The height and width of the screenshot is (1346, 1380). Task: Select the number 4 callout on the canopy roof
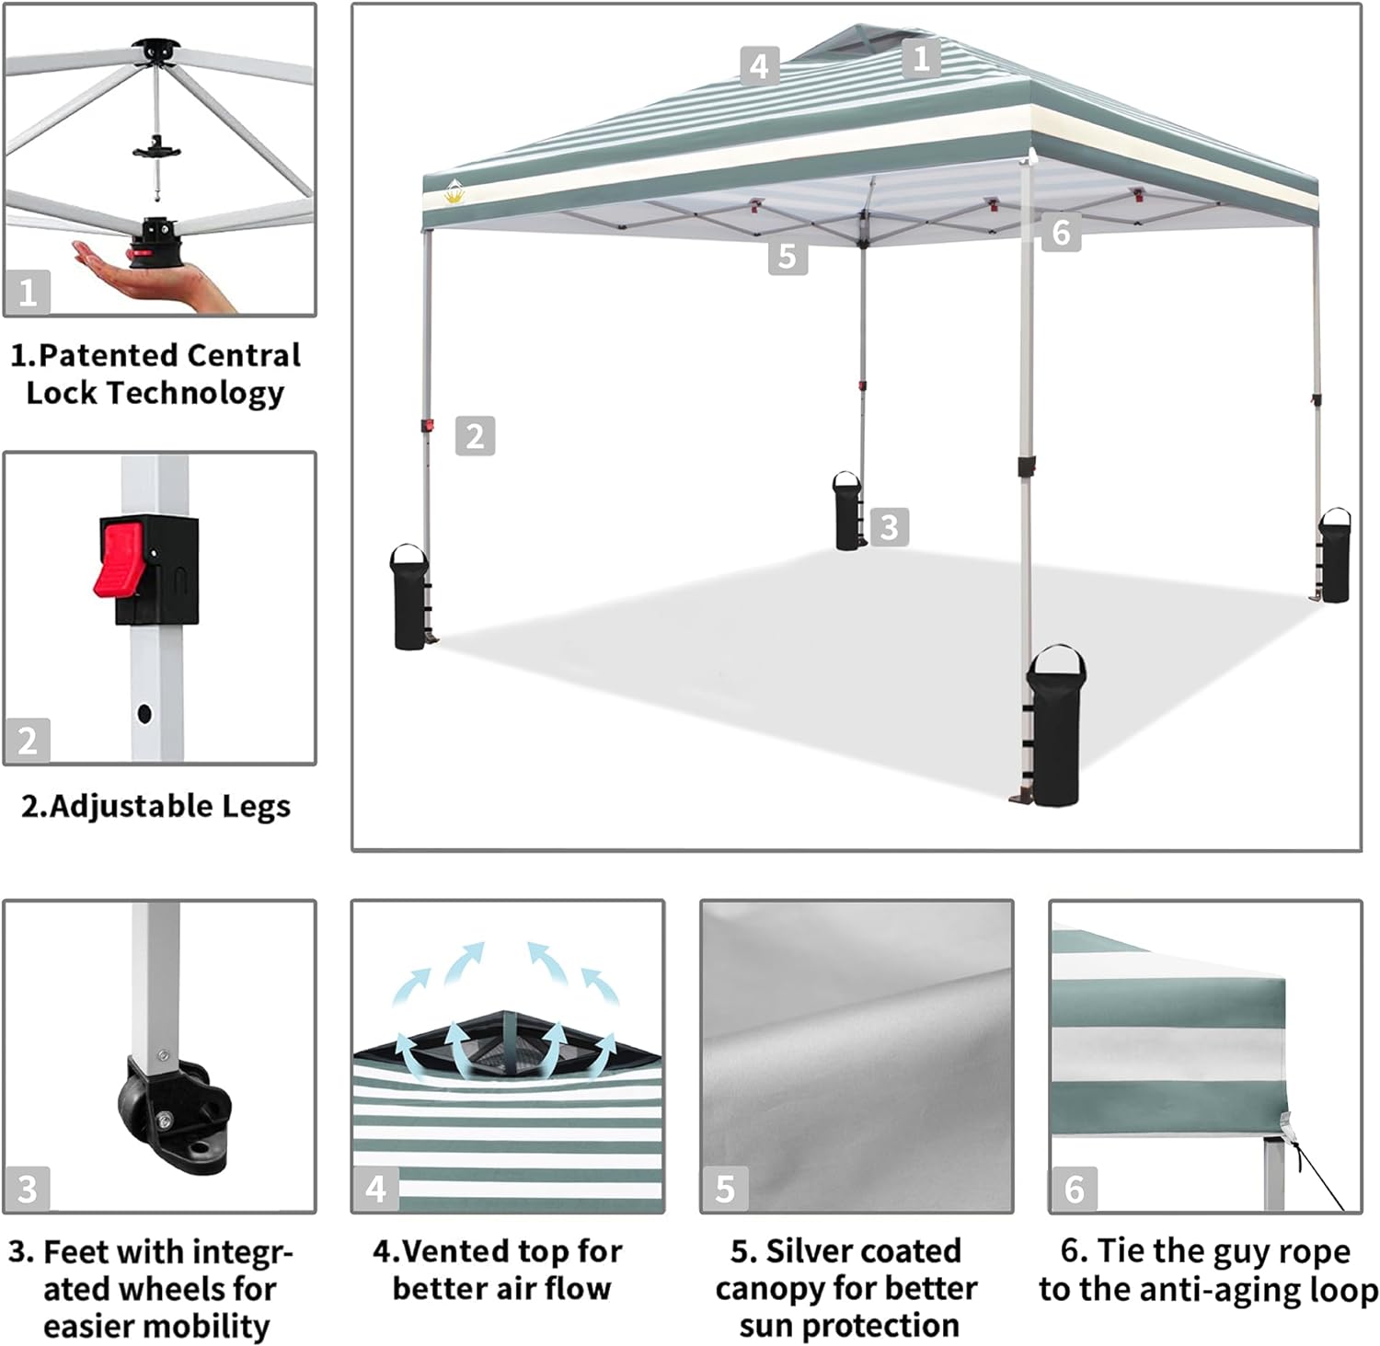[x=759, y=66]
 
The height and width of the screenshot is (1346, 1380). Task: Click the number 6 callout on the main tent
[x=1061, y=233]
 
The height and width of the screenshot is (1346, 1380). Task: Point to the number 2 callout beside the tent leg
[x=475, y=436]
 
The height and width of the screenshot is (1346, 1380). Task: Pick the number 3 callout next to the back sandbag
[x=889, y=527]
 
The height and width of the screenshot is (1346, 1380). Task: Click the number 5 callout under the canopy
[x=788, y=256]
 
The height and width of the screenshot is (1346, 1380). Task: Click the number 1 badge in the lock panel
[x=28, y=293]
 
